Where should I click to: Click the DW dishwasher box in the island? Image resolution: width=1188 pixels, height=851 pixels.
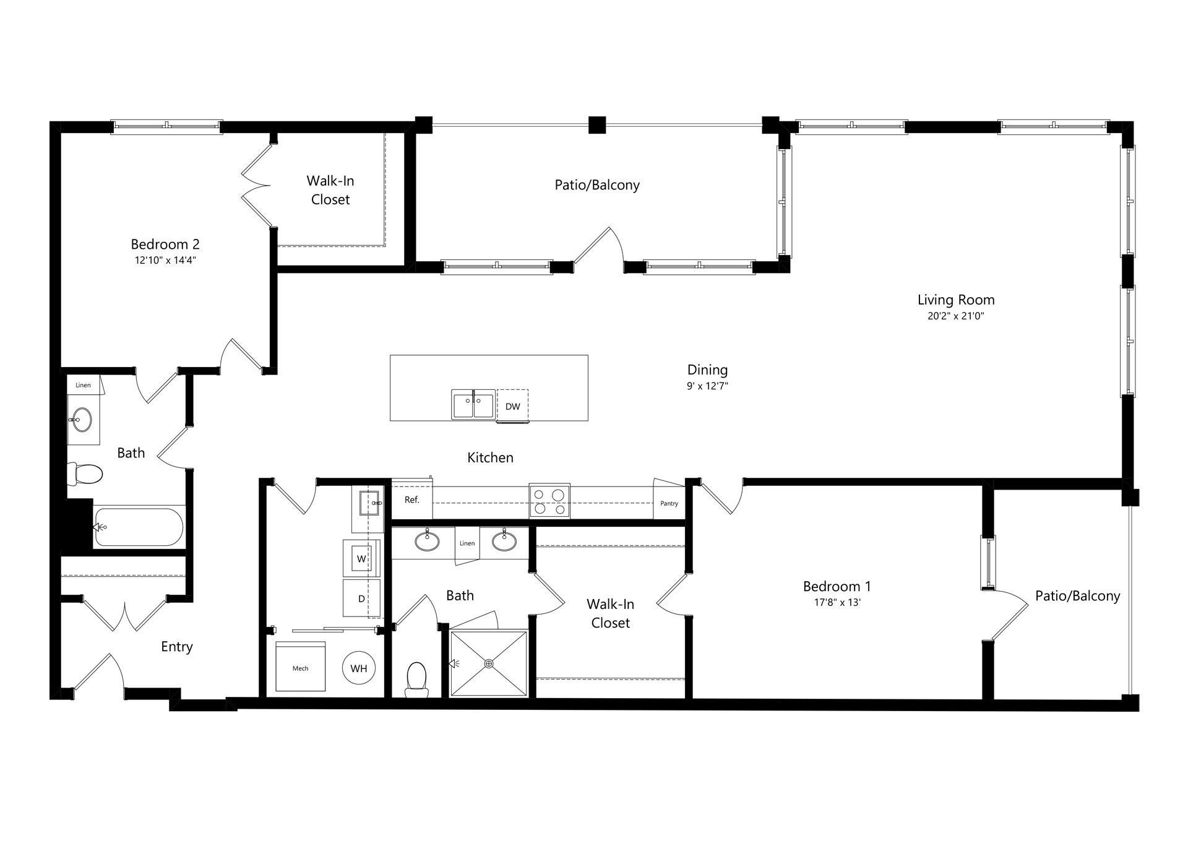512,406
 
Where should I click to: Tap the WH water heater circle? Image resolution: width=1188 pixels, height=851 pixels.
359,668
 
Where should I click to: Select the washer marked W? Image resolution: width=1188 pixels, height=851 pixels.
361,558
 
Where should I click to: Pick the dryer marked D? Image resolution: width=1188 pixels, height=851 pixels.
361,598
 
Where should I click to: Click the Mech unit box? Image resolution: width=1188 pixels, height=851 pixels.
300,668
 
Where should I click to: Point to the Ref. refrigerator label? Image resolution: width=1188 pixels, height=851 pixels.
412,499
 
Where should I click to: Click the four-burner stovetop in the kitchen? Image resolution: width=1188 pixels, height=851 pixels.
549,501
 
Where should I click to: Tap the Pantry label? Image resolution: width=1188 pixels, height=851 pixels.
669,503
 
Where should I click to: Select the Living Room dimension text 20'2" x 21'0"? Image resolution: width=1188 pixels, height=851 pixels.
955,316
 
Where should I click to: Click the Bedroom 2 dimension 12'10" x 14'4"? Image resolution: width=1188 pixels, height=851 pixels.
165,261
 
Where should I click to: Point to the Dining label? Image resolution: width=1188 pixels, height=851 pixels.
707,369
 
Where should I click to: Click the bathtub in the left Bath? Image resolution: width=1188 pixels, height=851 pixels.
139,527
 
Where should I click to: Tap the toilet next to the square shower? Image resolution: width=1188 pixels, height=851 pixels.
416,678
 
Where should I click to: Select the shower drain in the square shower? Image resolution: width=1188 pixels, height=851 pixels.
489,663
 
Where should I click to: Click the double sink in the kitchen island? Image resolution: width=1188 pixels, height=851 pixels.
473,405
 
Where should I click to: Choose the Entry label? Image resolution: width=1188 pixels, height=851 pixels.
177,646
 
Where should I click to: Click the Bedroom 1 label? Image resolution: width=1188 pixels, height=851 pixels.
837,586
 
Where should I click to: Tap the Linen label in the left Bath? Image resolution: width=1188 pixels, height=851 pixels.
83,385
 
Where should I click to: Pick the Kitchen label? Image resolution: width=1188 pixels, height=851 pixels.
490,457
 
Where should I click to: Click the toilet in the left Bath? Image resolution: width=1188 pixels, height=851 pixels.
85,475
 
